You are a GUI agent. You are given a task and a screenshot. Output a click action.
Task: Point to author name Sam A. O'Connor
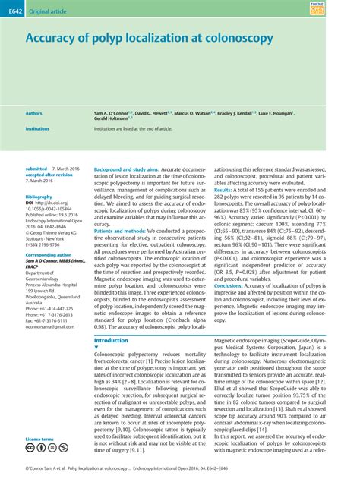(112, 112)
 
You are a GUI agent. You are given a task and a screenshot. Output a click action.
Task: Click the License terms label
(39, 440)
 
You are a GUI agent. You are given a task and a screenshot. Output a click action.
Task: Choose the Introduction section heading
(111, 341)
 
